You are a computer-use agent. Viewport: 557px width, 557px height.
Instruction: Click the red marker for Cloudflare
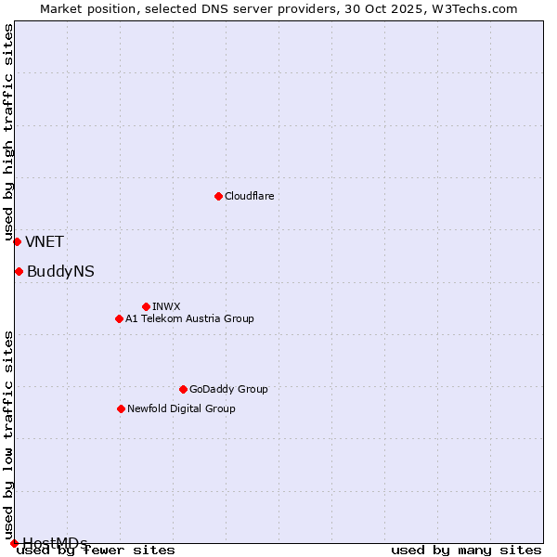[218, 196]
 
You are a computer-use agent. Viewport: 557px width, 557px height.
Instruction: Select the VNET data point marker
[17, 241]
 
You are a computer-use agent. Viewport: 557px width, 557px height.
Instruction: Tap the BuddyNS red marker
[19, 271]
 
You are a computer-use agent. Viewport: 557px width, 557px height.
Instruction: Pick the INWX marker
[146, 306]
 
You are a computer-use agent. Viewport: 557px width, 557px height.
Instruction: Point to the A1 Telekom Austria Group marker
[119, 318]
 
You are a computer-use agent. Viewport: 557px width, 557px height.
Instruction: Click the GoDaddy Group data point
[183, 389]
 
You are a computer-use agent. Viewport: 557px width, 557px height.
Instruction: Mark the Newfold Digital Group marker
[121, 408]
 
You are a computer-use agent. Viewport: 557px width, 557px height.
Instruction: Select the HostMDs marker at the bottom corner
[14, 543]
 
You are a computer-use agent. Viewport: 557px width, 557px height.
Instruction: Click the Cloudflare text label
[249, 196]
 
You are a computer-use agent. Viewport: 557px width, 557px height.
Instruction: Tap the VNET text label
[45, 242]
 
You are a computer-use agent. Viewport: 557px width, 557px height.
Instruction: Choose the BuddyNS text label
[60, 272]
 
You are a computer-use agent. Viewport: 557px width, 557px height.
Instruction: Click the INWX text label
[166, 306]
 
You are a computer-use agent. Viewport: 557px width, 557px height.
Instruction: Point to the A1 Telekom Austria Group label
[189, 318]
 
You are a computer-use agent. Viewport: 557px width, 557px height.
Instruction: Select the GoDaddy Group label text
[228, 389]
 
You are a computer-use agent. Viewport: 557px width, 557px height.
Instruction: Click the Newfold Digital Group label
[181, 408]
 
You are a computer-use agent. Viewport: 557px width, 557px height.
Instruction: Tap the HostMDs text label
[55, 542]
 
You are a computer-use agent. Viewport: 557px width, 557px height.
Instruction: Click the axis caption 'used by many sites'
[466, 550]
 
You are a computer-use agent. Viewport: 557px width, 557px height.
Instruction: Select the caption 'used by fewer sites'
[96, 550]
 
